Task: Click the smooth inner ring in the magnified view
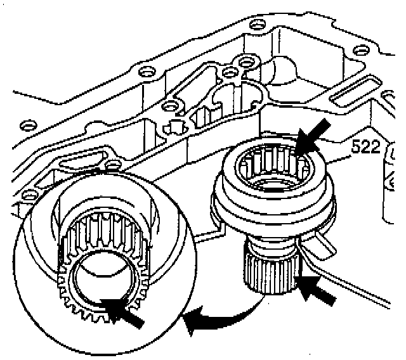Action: (x=101, y=279)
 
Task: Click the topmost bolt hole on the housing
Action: (x=256, y=26)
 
